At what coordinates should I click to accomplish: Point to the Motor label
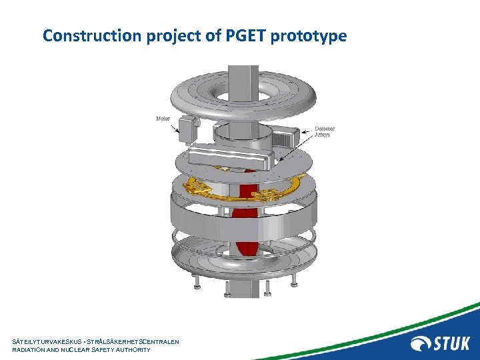163,119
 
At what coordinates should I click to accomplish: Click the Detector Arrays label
325,131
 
